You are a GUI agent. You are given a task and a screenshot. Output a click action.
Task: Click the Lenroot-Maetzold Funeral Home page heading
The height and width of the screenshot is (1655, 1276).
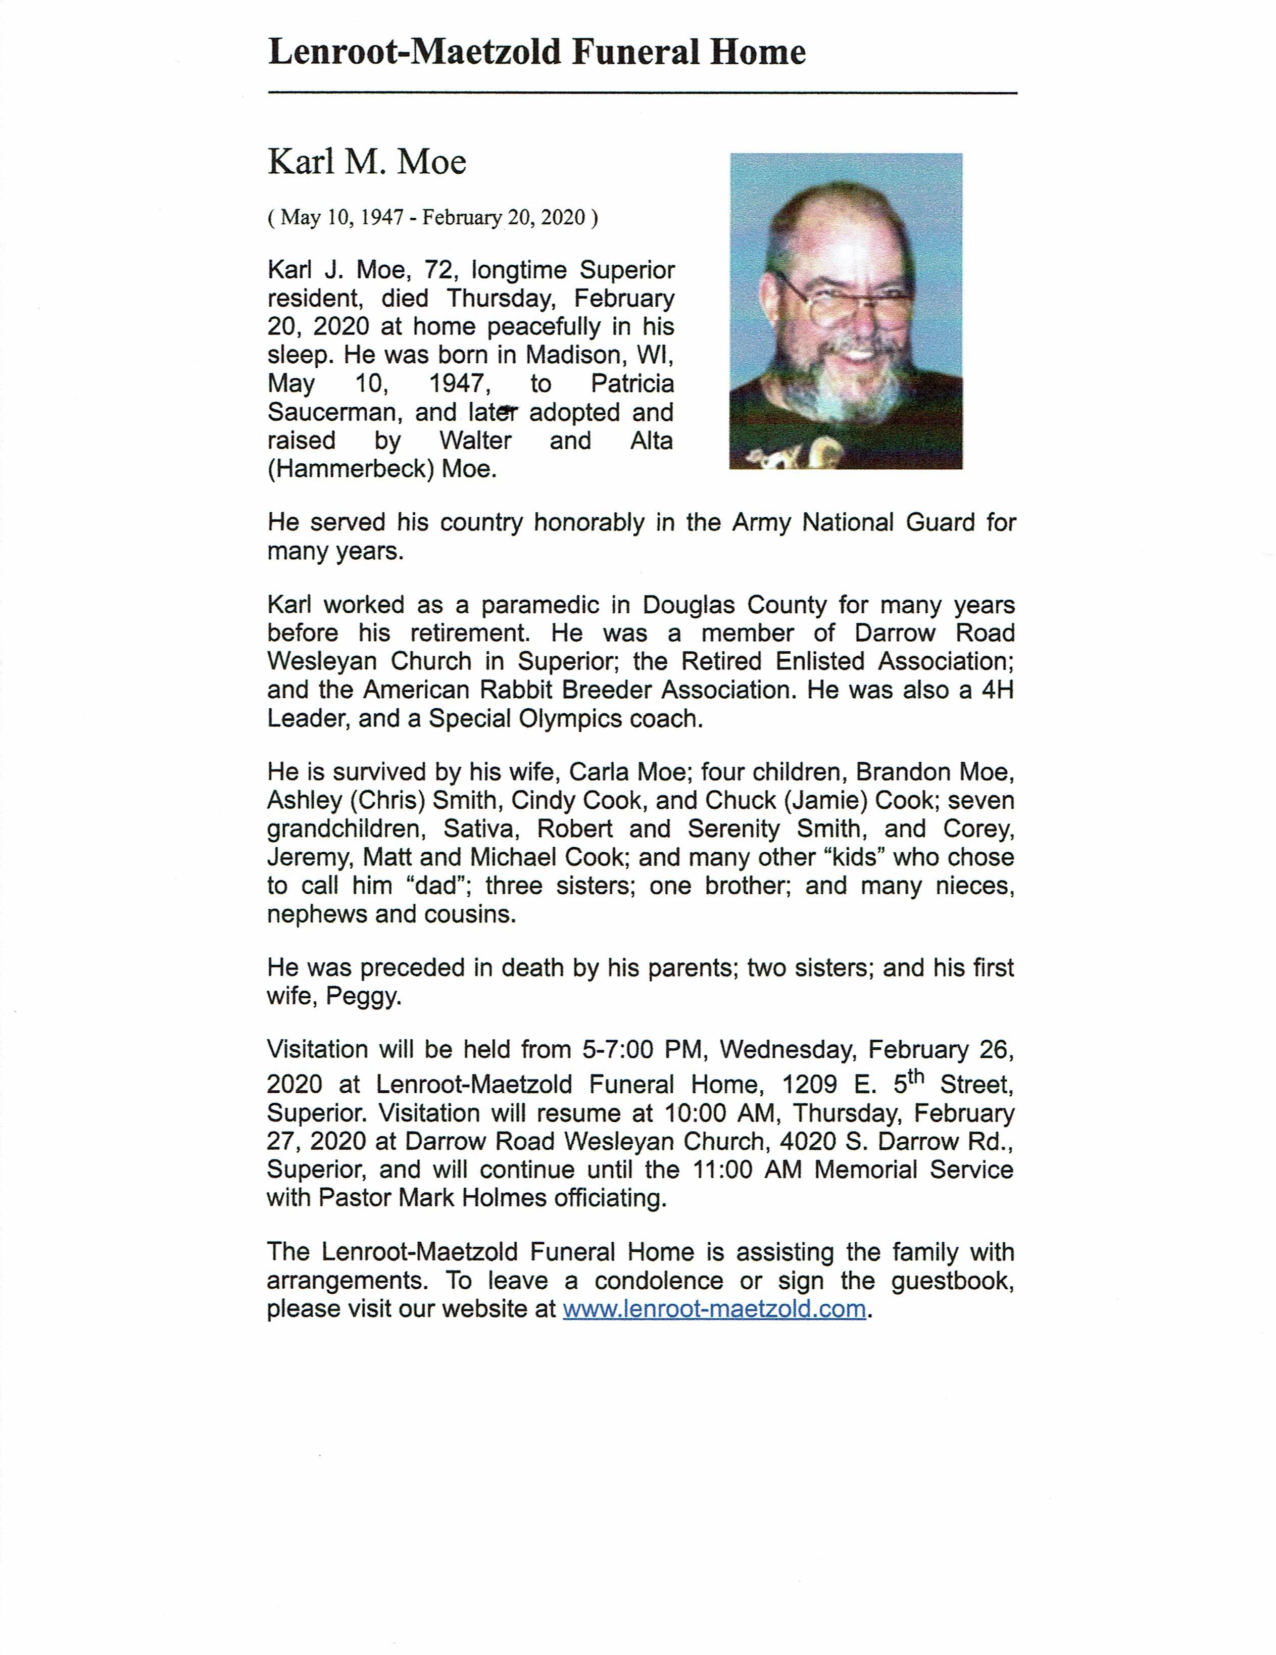click(x=536, y=53)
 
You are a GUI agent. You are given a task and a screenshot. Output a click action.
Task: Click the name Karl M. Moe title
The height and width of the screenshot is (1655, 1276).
click(x=367, y=162)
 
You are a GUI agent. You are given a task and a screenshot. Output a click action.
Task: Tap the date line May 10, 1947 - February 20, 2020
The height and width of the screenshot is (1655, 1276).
click(x=432, y=218)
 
